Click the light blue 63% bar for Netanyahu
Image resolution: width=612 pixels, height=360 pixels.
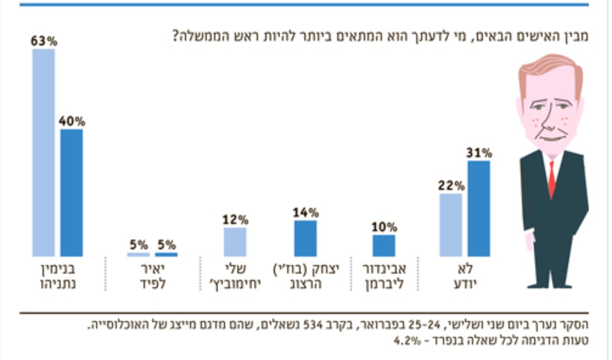(44, 152)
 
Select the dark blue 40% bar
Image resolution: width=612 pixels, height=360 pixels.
(71, 192)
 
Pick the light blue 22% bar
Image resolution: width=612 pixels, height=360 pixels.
(450, 225)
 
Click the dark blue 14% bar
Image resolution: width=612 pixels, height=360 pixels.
(305, 238)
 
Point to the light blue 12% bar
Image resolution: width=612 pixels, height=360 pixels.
(235, 241)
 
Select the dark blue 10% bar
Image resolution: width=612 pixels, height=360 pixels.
(383, 245)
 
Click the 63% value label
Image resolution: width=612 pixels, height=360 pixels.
(44, 41)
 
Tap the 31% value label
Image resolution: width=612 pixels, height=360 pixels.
(479, 153)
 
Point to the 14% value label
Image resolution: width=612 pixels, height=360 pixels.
(305, 212)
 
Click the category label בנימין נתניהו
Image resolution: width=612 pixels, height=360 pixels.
(58, 275)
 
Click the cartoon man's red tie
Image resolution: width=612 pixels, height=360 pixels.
(551, 179)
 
